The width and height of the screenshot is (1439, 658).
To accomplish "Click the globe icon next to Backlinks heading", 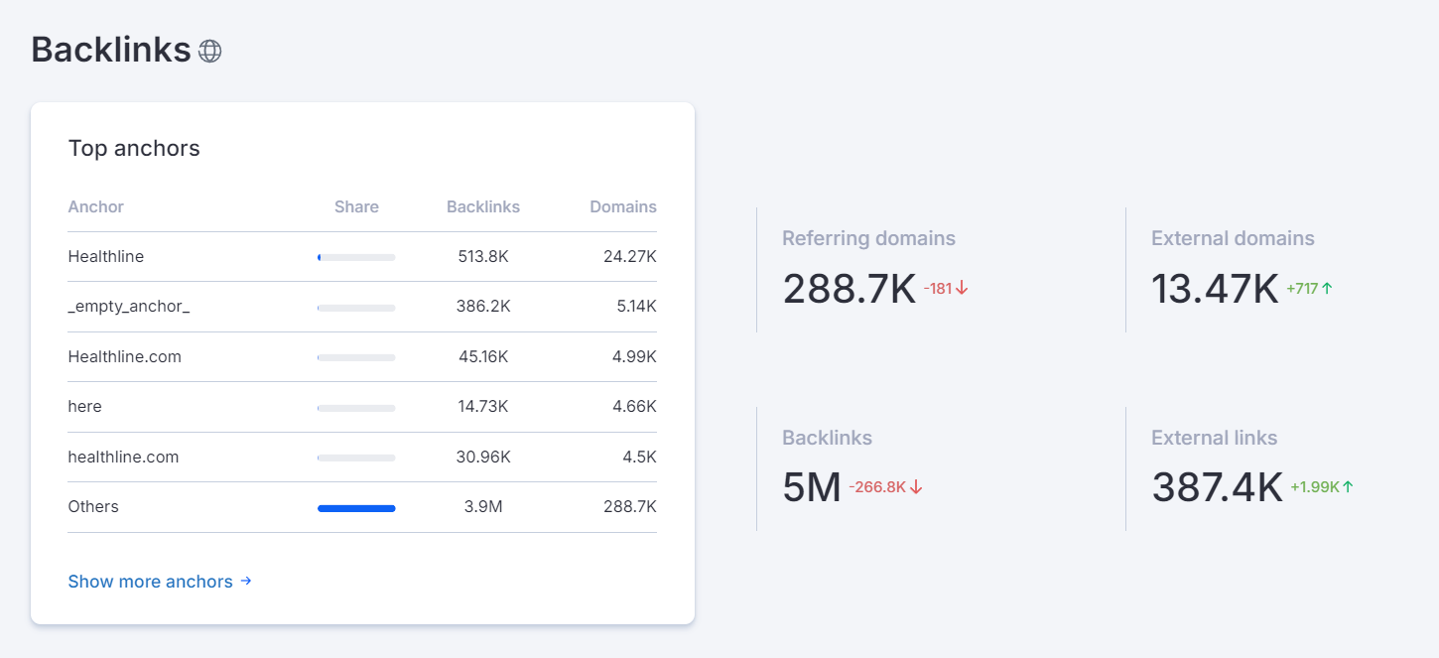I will (209, 51).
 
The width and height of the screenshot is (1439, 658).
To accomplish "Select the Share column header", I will (356, 207).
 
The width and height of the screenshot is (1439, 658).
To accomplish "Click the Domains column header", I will (622, 207).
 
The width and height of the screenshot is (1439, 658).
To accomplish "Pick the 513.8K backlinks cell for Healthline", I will (483, 257).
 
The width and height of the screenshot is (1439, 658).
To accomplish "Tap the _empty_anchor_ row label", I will (128, 307).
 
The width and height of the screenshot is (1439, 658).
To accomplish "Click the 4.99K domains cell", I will (634, 356).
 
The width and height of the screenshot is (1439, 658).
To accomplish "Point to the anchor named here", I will (84, 407).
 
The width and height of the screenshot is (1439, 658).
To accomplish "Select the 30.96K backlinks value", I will (484, 458).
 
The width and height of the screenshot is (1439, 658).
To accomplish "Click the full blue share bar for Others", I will (356, 508).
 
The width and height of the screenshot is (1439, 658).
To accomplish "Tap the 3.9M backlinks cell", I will (483, 507).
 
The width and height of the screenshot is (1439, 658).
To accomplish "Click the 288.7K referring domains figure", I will (849, 289).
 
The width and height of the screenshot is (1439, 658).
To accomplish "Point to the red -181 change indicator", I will (945, 289).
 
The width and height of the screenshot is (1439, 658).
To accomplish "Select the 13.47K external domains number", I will (1215, 289).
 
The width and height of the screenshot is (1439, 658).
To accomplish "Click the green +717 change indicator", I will (1309, 289).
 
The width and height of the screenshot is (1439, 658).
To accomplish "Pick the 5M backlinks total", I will (812, 487).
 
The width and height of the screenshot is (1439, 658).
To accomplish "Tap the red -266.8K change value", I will (885, 487).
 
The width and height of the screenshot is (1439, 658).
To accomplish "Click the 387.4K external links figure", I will (1217, 487).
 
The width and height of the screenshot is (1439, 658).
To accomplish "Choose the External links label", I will (1214, 438).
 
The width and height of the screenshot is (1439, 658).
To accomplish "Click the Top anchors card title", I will (134, 149).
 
